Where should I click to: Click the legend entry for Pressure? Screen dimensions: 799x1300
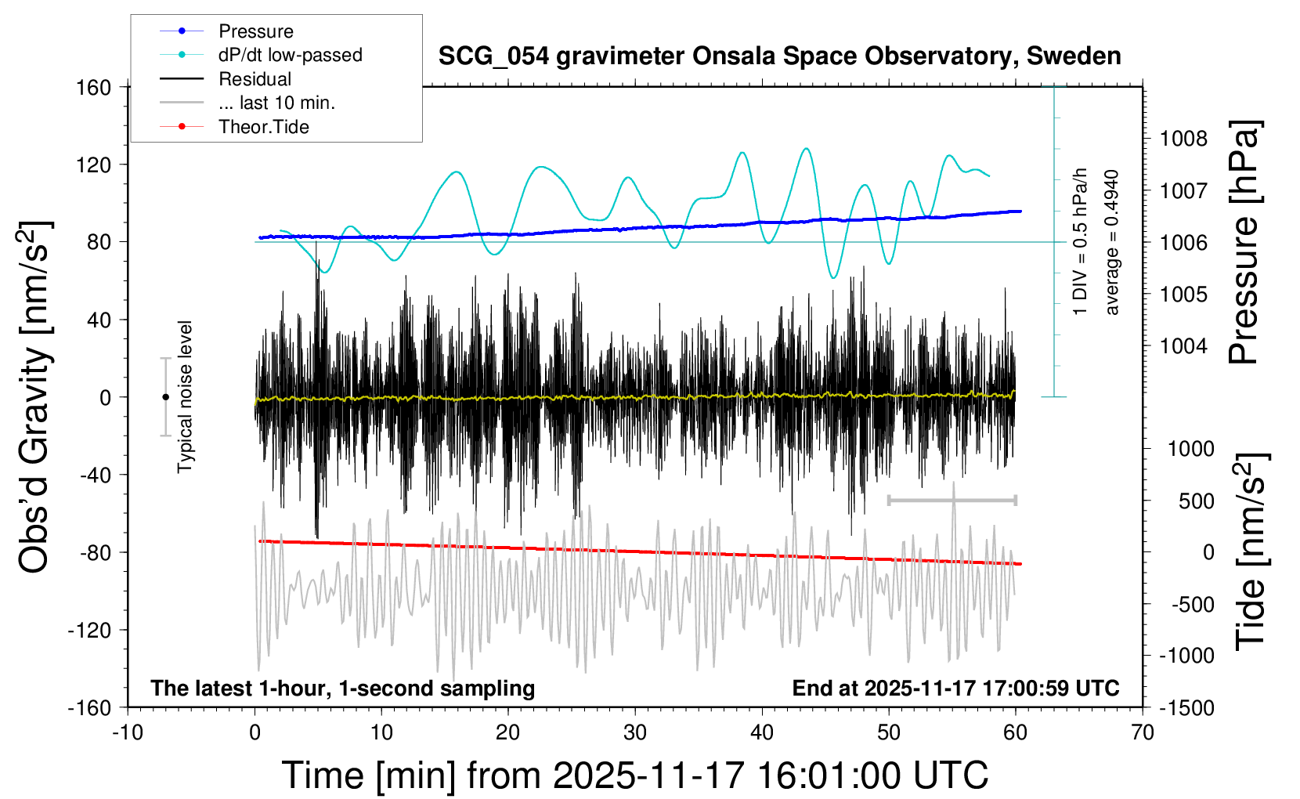[255, 31]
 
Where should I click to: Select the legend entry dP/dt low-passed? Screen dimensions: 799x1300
[290, 55]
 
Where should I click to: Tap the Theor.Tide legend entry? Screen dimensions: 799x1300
[264, 127]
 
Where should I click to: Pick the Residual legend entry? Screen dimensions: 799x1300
[255, 79]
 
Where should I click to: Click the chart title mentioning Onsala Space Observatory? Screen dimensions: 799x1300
[779, 56]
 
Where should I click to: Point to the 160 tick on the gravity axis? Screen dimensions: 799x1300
[93, 87]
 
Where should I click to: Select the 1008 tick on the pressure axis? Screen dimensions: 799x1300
[1183, 139]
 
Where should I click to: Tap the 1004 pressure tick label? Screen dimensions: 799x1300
[1183, 345]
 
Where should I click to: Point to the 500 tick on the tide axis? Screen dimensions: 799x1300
[1196, 501]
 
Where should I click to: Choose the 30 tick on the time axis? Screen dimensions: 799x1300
[635, 732]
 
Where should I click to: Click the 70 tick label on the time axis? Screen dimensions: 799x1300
[1143, 732]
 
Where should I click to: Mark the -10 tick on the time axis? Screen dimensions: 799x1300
[127, 732]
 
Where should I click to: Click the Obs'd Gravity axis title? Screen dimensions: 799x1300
[34, 397]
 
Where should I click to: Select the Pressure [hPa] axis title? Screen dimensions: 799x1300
[1244, 242]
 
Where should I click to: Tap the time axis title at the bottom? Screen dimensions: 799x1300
[635, 775]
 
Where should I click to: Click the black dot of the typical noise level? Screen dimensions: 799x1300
[165, 397]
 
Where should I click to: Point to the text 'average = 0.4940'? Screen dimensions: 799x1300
[1112, 242]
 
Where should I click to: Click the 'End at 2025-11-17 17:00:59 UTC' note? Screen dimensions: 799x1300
[955, 689]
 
